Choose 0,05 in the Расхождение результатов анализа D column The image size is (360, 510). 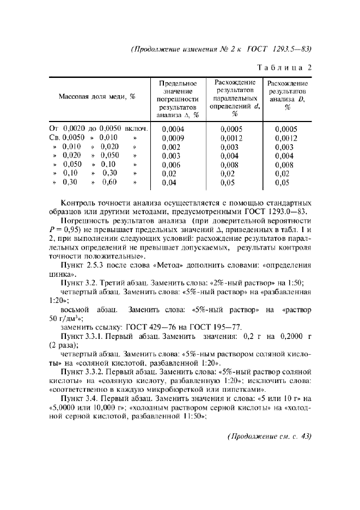282,183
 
